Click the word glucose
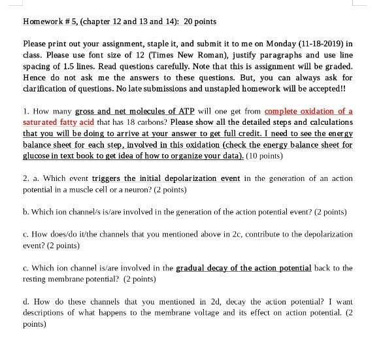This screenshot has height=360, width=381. pyautogui.click(x=38, y=155)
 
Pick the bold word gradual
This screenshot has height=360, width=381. pyautogui.click(x=192, y=268)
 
